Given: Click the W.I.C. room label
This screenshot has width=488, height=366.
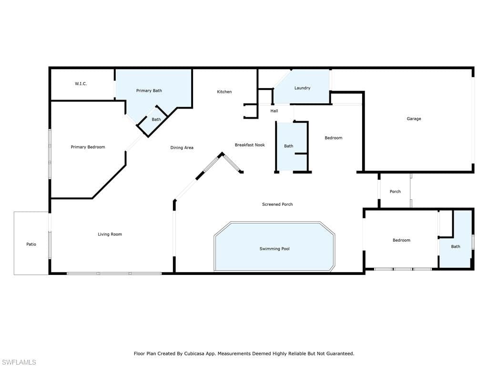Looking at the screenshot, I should (81, 84).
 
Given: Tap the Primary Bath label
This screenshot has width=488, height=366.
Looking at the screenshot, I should (149, 91).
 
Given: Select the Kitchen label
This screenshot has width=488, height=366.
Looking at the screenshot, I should (224, 91).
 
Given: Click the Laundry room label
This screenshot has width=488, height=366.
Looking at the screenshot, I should (302, 88).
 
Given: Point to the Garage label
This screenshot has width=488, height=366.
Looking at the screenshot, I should (414, 119).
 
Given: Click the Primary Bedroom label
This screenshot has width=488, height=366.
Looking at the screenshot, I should (88, 147).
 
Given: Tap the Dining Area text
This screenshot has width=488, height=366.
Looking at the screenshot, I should (182, 148).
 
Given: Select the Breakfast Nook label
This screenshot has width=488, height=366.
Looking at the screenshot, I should (250, 145).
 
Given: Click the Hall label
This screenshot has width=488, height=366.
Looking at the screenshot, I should (274, 111).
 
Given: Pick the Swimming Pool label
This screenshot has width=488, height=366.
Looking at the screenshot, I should (274, 249).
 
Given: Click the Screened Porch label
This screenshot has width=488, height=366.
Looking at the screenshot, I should (277, 204).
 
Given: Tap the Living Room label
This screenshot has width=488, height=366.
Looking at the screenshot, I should (110, 234).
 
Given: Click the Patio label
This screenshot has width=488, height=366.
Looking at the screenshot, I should (31, 244).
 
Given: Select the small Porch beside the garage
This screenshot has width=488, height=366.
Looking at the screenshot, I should (395, 192).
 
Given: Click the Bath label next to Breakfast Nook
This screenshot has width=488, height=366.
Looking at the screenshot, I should (289, 146).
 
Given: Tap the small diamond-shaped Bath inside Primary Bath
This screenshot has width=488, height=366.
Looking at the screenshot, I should (156, 120).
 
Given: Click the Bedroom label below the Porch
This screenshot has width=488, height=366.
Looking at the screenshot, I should (401, 240).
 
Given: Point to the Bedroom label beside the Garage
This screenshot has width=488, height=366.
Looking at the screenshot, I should (334, 138).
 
